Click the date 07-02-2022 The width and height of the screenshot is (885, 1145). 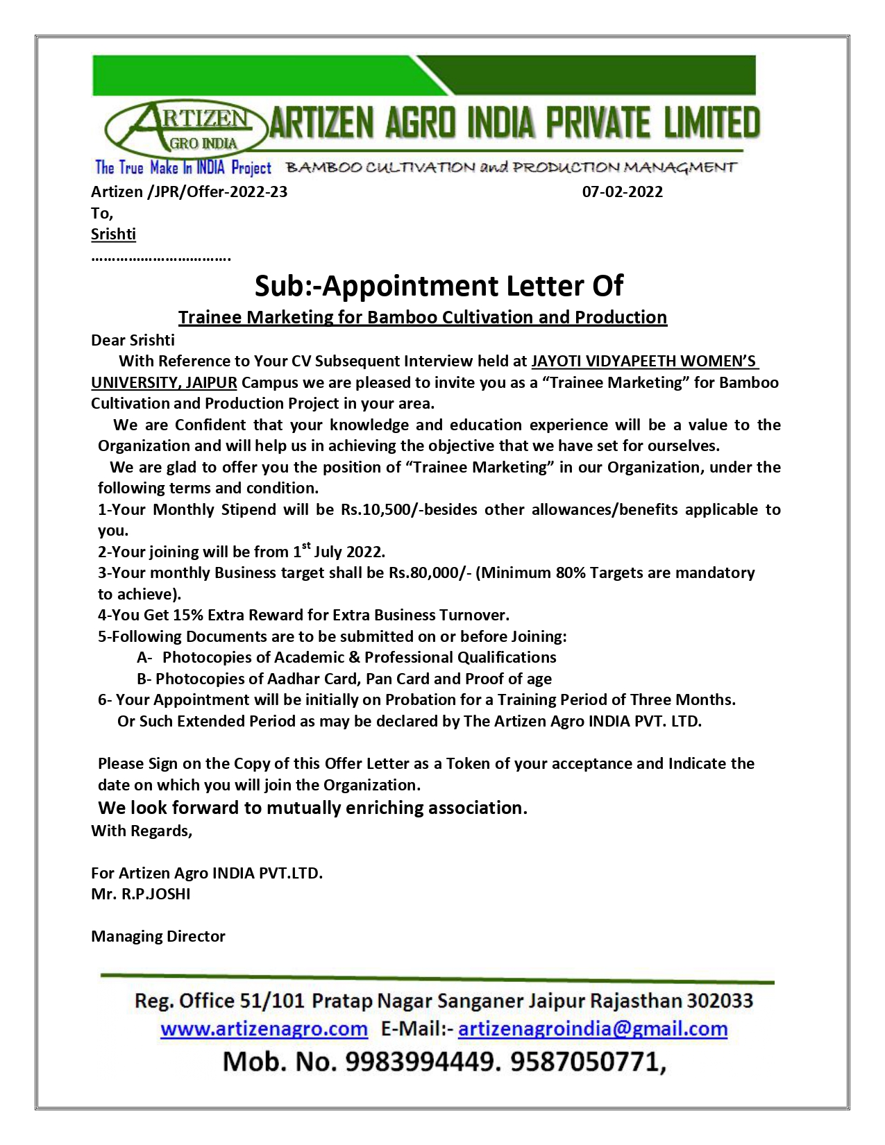(622, 192)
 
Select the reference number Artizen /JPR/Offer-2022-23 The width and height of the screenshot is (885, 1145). (189, 192)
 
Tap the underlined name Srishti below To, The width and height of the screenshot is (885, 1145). (113, 234)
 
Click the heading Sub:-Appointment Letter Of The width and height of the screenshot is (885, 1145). (439, 285)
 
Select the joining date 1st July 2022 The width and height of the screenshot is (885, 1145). (339, 552)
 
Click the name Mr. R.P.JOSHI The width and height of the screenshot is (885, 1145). (141, 894)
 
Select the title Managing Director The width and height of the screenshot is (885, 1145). (158, 936)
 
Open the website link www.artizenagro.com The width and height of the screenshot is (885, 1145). (264, 1028)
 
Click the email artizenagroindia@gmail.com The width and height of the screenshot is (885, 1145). (593, 1028)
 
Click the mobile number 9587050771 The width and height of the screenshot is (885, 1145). (587, 1062)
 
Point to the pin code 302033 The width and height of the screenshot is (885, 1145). (720, 1001)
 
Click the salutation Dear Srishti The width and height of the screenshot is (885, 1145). (133, 340)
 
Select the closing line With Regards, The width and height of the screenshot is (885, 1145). (142, 831)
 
